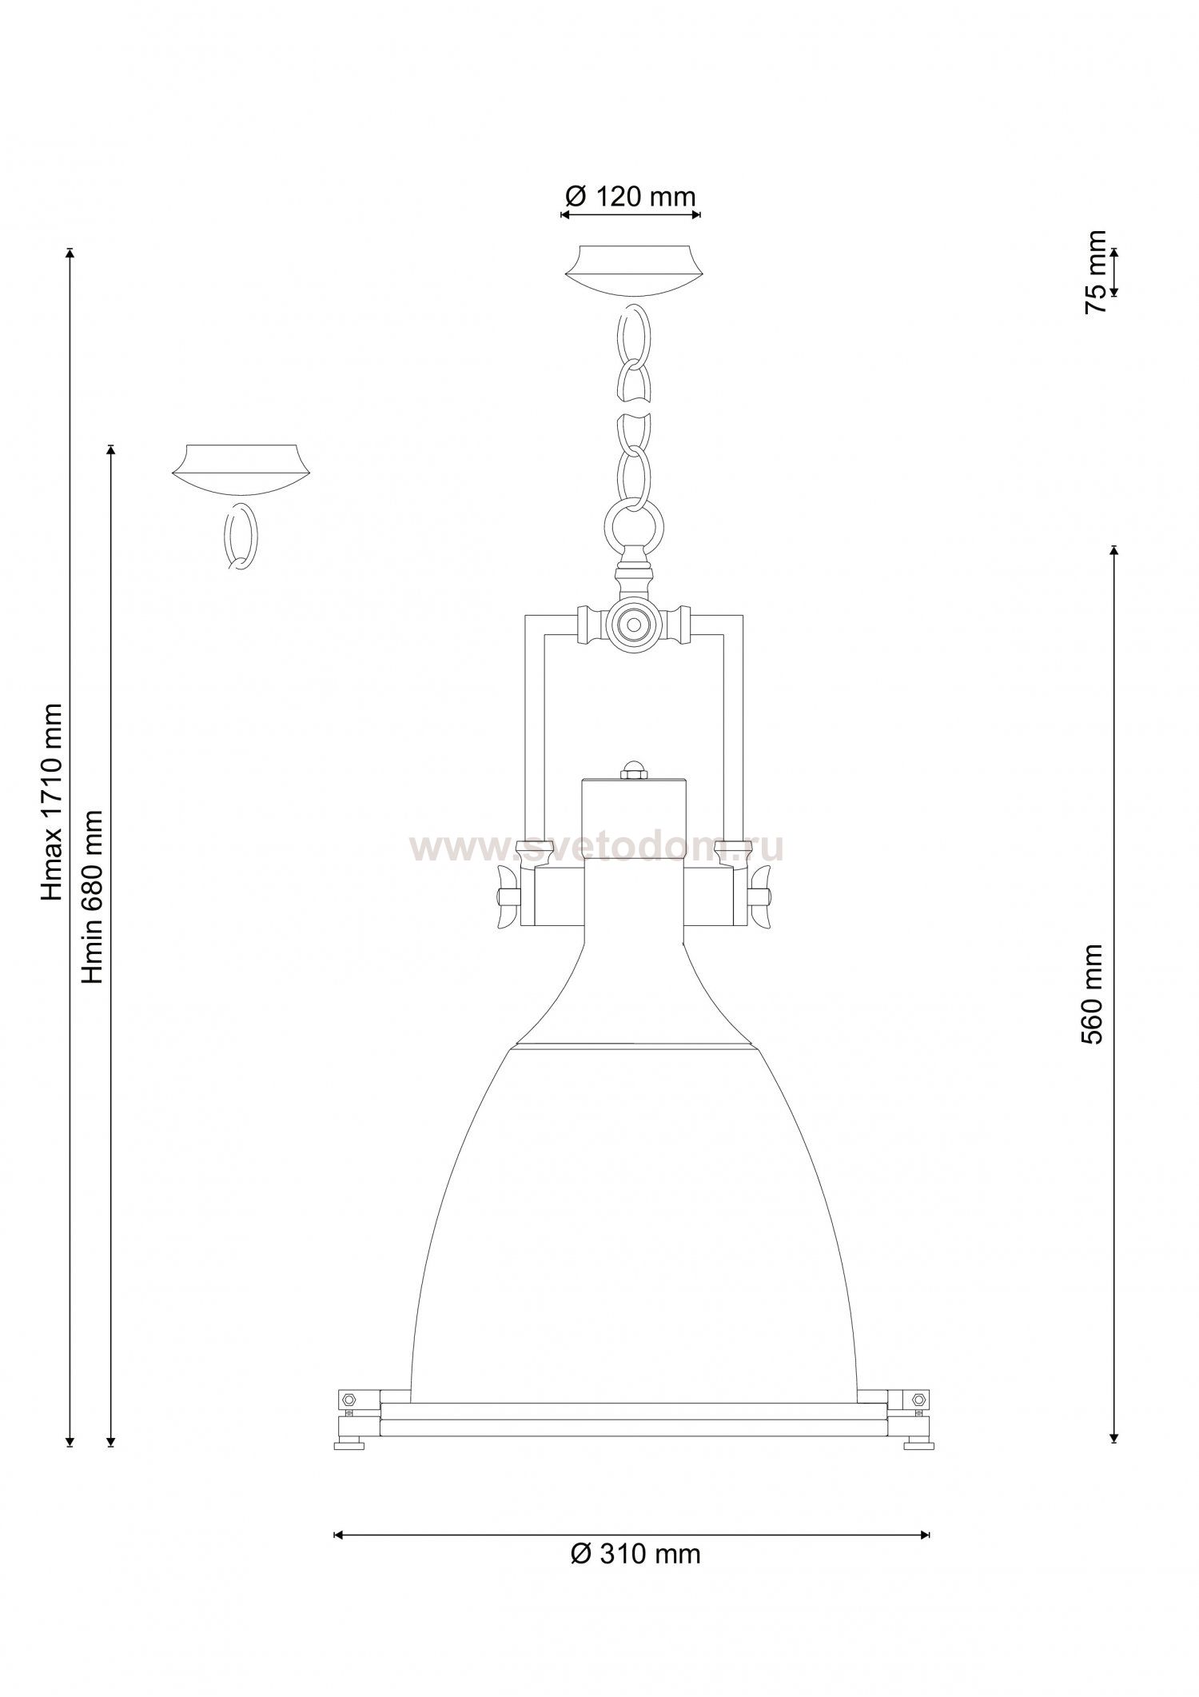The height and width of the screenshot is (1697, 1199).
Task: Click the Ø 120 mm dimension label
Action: [631, 196]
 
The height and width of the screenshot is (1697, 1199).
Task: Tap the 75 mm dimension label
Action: [1096, 272]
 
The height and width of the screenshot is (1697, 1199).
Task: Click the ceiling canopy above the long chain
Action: [635, 270]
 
